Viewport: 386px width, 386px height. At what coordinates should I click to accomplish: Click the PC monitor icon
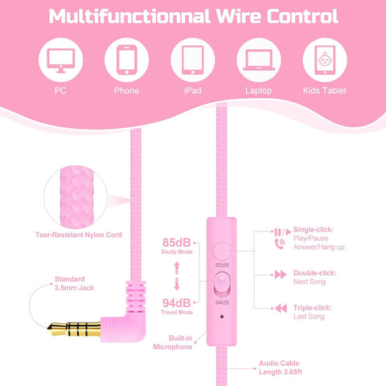click(x=60, y=60)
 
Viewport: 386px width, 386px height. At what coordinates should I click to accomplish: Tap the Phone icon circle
click(x=126, y=60)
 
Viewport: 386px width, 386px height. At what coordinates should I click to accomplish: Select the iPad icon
click(x=192, y=60)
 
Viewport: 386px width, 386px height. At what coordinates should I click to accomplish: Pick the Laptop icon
click(x=259, y=60)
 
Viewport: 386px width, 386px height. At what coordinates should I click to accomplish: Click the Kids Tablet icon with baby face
click(x=325, y=60)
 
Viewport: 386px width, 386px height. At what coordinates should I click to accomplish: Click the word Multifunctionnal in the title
click(x=129, y=16)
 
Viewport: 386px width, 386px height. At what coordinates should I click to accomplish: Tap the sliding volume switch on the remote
click(x=222, y=285)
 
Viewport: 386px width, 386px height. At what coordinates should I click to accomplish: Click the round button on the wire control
click(x=221, y=251)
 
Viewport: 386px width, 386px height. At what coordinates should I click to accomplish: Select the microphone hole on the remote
click(x=222, y=317)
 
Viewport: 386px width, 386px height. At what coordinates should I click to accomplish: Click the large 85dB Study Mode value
click(x=176, y=242)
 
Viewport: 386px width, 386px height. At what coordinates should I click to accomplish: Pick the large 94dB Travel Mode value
click(x=176, y=303)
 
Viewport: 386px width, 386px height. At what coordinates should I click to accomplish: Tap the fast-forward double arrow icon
click(x=281, y=274)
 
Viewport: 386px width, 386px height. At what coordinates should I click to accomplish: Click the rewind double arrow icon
click(x=281, y=308)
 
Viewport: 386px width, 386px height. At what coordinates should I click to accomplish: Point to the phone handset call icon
click(x=280, y=244)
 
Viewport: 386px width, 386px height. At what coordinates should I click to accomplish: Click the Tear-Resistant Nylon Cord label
click(x=79, y=235)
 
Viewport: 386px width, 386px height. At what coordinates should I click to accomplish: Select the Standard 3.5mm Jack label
click(x=74, y=283)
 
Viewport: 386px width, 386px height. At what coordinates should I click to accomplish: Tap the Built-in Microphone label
click(x=173, y=343)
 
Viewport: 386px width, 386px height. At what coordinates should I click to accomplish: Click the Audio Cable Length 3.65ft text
click(x=280, y=368)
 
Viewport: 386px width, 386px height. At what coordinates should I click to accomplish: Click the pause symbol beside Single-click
click(x=277, y=232)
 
